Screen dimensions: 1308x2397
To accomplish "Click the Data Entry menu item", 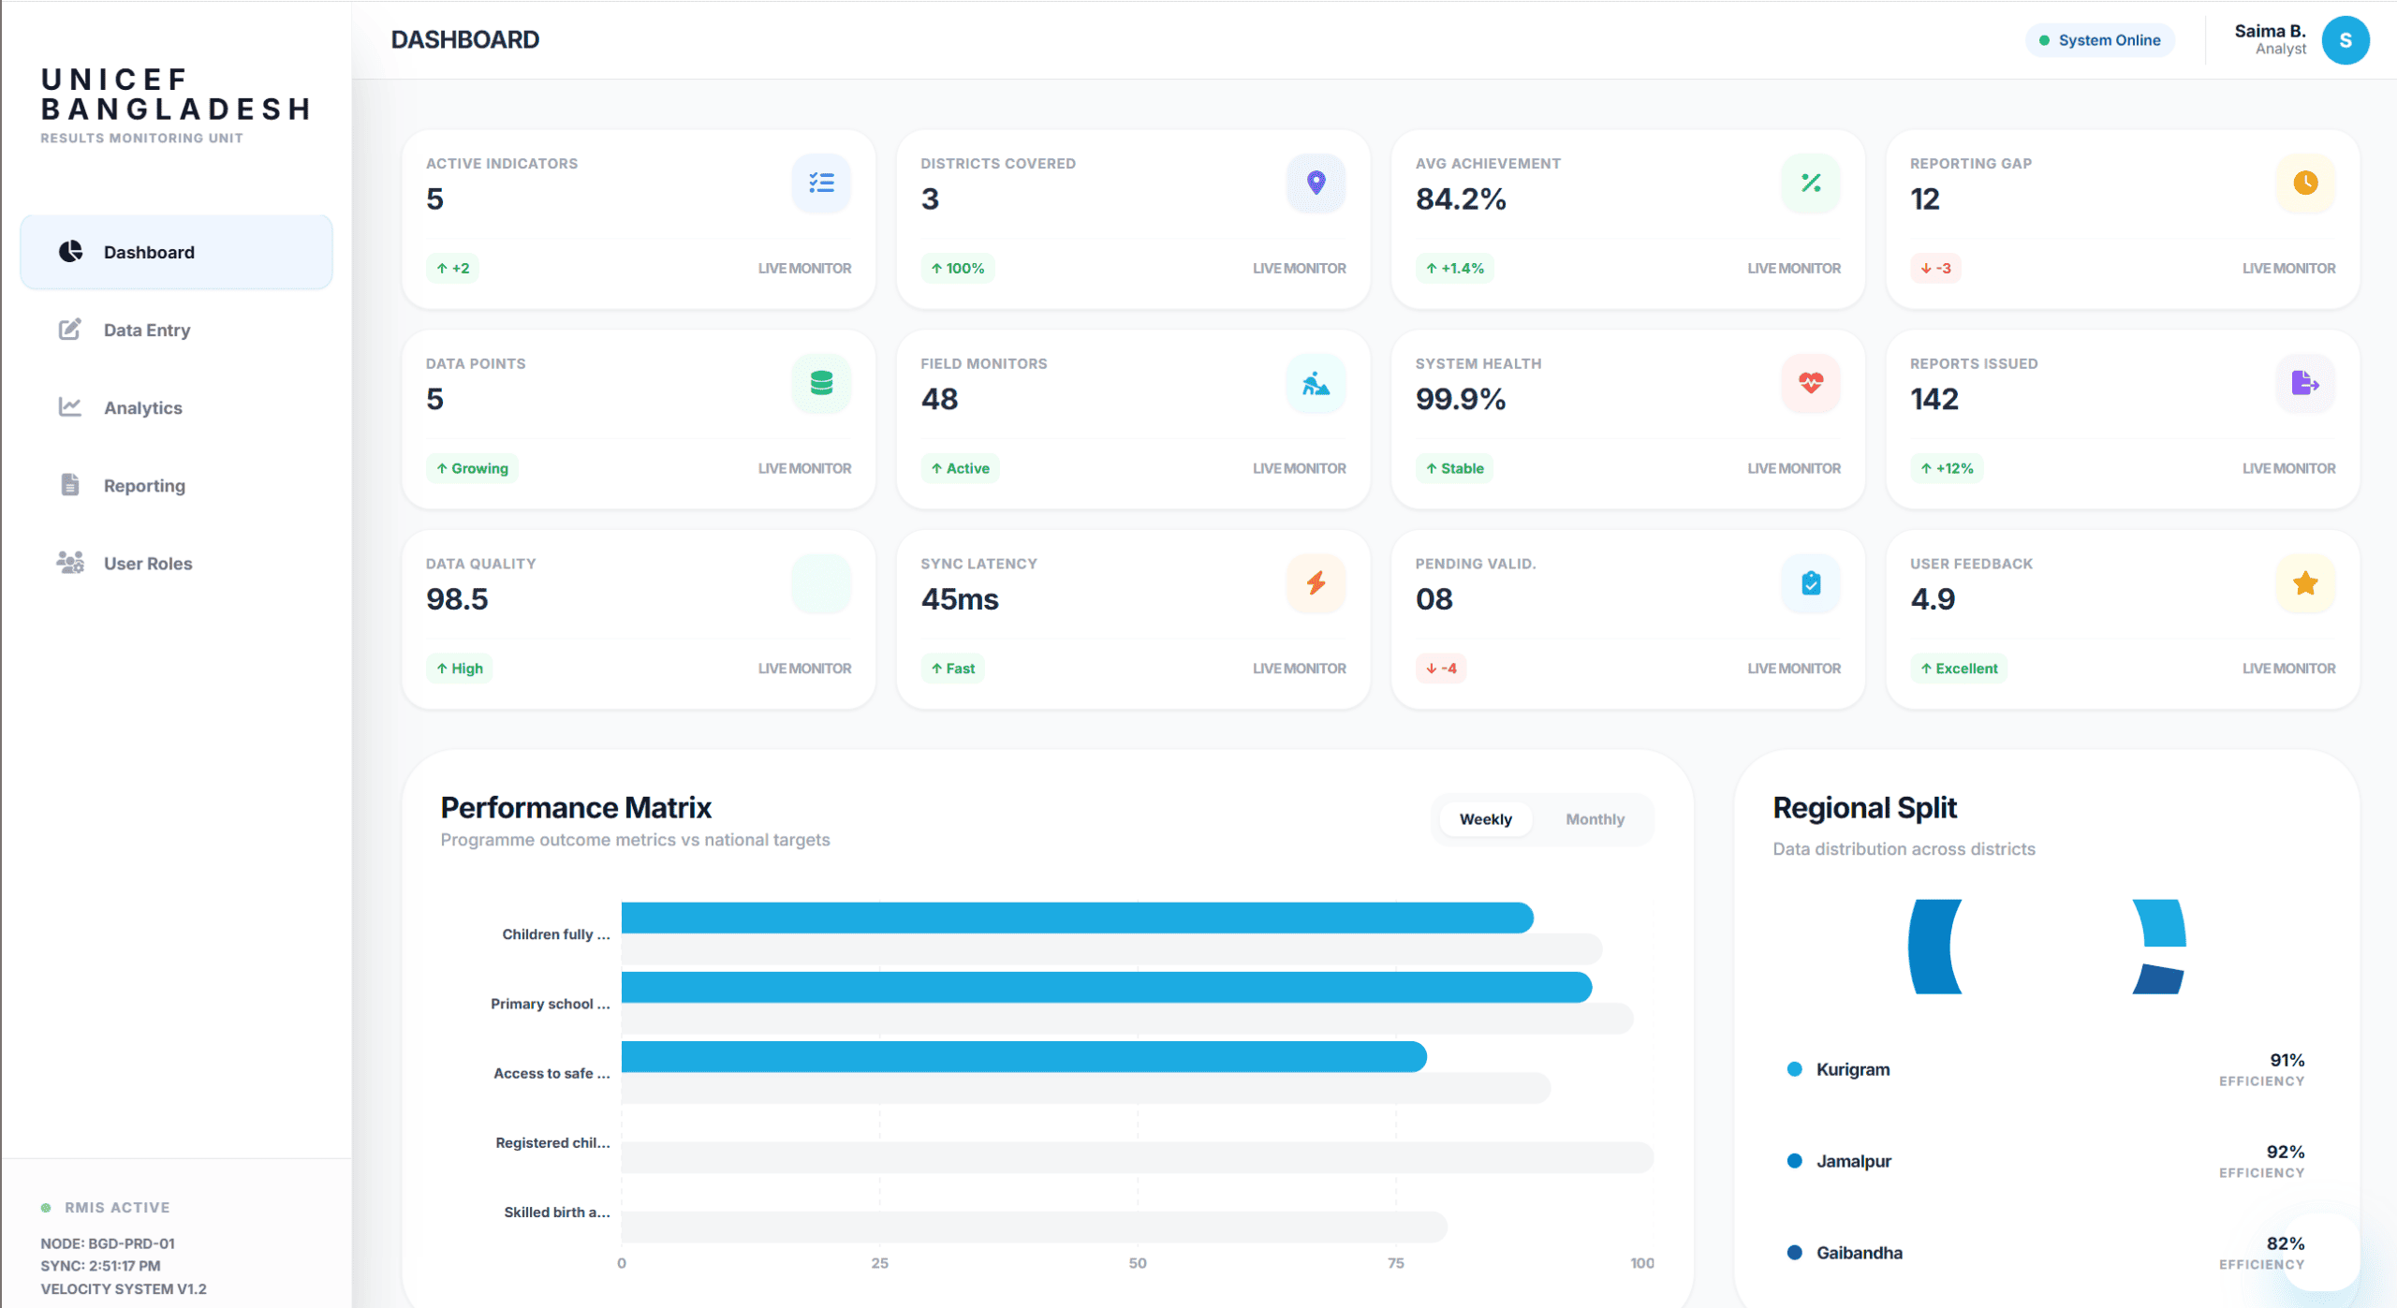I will pyautogui.click(x=146, y=330).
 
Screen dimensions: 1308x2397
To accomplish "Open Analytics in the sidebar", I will pyautogui.click(x=142, y=407).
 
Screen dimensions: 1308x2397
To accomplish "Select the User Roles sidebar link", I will pyautogui.click(x=147, y=563).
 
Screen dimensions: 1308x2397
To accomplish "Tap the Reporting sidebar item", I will pyautogui.click(x=144, y=485).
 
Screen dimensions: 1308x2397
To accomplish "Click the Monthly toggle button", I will pyautogui.click(x=1595, y=819).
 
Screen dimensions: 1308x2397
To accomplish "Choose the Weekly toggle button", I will pyautogui.click(x=1485, y=819).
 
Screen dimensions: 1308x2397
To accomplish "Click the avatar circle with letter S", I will pyautogui.click(x=2345, y=40).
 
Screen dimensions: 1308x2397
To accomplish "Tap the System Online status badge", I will pyautogui.click(x=2099, y=40).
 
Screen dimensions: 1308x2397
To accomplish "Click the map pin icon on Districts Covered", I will pyautogui.click(x=1316, y=183).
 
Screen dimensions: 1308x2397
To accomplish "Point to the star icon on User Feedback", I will pyautogui.click(x=2304, y=583).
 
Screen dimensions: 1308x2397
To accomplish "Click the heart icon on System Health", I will pyautogui.click(x=1810, y=383).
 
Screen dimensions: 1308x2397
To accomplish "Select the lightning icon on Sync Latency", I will pyautogui.click(x=1316, y=583).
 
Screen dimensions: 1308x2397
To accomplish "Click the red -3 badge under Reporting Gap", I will pyautogui.click(x=1935, y=268).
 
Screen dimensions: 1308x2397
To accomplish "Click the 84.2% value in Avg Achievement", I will pyautogui.click(x=1460, y=199).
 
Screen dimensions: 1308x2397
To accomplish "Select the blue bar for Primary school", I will pyautogui.click(x=1105, y=987).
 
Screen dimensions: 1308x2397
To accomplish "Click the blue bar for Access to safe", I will pyautogui.click(x=1022, y=1056).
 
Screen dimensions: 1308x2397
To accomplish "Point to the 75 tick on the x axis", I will pyautogui.click(x=1395, y=1263).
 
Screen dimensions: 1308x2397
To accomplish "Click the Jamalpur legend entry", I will pyautogui.click(x=1853, y=1161).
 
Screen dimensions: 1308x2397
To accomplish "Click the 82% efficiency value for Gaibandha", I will pyautogui.click(x=2285, y=1243).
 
